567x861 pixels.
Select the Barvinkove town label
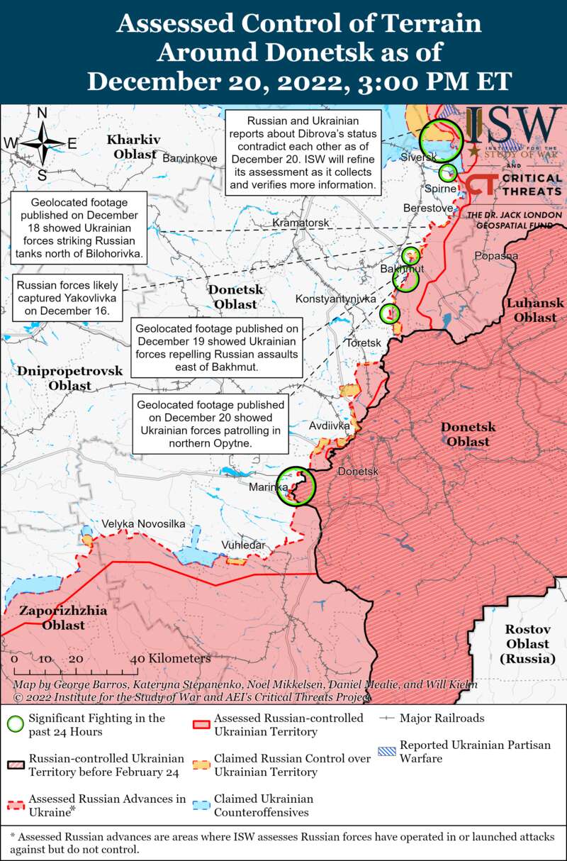click(190, 157)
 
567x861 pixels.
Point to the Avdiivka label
click(329, 426)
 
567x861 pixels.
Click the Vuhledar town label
click(243, 545)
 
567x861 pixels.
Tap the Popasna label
click(496, 256)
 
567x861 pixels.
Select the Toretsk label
click(363, 343)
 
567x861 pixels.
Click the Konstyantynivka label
click(335, 299)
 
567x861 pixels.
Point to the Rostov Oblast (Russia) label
click(527, 644)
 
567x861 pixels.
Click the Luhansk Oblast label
click(535, 310)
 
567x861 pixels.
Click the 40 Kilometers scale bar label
click(170, 659)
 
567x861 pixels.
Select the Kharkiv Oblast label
click(134, 145)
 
